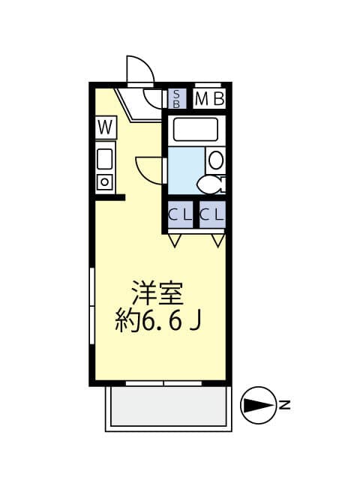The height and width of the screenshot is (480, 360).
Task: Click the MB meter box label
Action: coord(210,98)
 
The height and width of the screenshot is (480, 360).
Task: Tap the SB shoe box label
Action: coord(177,98)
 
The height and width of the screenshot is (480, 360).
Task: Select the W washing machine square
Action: coord(106,127)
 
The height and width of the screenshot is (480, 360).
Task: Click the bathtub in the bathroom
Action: coord(196,129)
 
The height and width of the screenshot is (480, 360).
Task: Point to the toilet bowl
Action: coord(211,185)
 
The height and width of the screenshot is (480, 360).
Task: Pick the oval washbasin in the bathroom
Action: coord(216,160)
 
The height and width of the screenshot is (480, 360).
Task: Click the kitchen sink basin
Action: coord(105,159)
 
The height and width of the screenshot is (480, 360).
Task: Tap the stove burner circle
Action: coord(105,182)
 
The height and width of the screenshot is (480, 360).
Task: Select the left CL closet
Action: coord(180,214)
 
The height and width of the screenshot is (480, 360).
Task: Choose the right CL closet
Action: coord(212,214)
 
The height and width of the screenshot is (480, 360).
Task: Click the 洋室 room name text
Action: coord(157,292)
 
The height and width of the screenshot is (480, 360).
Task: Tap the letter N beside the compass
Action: coord(285,405)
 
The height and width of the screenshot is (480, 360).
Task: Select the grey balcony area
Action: coord(168,406)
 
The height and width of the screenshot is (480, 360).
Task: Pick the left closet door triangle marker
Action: coord(175,241)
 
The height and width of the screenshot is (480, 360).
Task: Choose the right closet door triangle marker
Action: coord(218,241)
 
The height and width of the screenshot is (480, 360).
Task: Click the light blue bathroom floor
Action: coord(185,170)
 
